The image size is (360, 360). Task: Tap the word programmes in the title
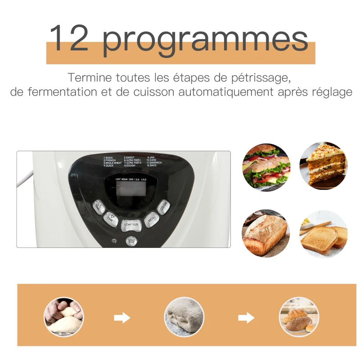pyautogui.click(x=205, y=40)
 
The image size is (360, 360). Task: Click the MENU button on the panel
pyautogui.click(x=152, y=220)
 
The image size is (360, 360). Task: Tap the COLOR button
pyautogui.click(x=164, y=206)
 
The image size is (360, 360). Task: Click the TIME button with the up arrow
pyautogui.click(x=99, y=207)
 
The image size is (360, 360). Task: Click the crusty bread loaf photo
pyautogui.click(x=266, y=233)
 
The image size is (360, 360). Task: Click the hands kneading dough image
pyautogui.click(x=64, y=317)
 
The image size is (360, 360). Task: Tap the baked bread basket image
pyautogui.click(x=299, y=317)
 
